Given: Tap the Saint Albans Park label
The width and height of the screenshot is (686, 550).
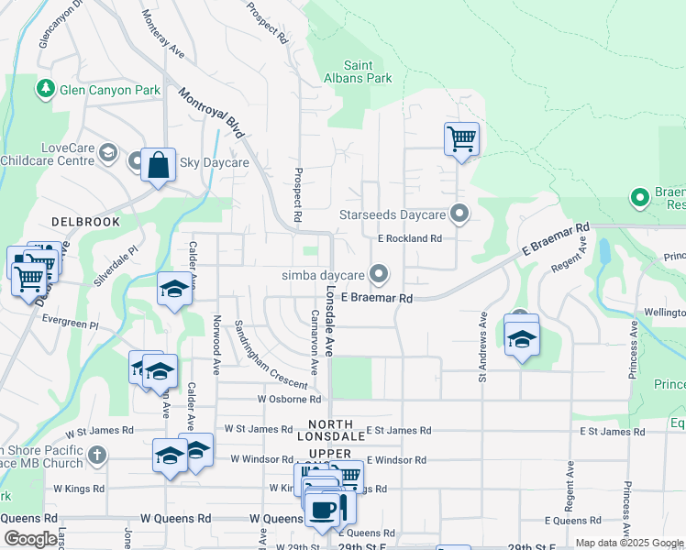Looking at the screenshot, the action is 368,71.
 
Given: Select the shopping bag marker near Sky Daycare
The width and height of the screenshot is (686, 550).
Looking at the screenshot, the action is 158,166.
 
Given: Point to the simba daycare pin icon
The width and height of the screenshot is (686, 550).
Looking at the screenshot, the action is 378,274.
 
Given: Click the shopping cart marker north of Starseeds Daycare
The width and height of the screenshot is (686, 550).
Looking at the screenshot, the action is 461,140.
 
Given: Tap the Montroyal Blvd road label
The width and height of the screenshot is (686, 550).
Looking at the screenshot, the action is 212,114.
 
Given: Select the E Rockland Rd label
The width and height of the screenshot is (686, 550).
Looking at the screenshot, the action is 409,238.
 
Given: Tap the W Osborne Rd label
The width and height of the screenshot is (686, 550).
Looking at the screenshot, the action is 289,400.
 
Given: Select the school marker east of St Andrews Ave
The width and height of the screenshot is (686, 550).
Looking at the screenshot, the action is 522,338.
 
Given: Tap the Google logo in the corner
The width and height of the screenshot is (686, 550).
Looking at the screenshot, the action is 30,539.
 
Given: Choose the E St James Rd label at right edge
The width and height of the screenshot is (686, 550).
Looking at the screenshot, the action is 618,431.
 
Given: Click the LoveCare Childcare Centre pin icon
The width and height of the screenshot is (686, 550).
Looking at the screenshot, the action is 109,152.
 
